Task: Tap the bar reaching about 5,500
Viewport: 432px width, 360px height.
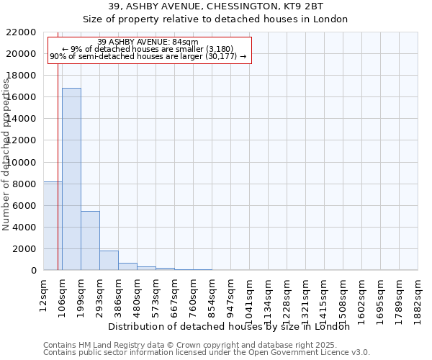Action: pos(90,240)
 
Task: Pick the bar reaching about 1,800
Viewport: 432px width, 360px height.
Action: pos(109,260)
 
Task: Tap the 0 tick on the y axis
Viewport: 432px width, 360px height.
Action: pos(33,271)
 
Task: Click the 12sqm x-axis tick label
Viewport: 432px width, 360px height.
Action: pos(43,294)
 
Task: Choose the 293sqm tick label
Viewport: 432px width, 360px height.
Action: pos(99,294)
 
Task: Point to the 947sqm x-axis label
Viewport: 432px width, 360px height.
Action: pos(230,294)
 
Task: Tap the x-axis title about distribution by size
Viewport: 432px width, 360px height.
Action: pos(233,326)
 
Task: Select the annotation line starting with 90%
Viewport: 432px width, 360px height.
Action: pos(148,56)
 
